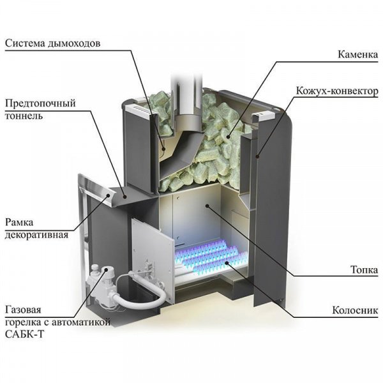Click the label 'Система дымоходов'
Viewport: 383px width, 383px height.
click(54, 43)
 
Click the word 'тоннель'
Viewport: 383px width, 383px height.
click(24, 116)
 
